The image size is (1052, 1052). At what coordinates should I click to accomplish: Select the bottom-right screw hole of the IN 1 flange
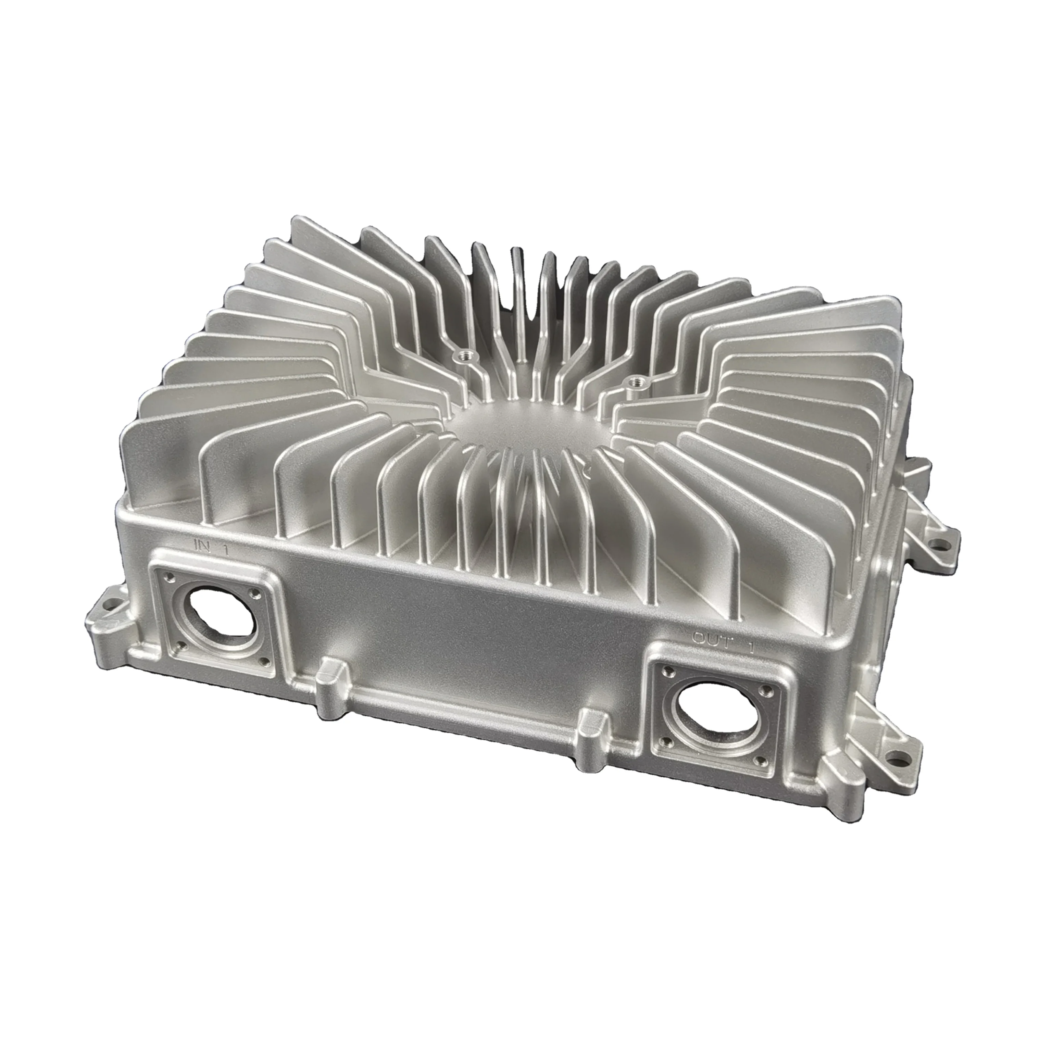(x=265, y=661)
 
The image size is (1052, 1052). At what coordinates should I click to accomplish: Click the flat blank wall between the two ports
(x=463, y=626)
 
